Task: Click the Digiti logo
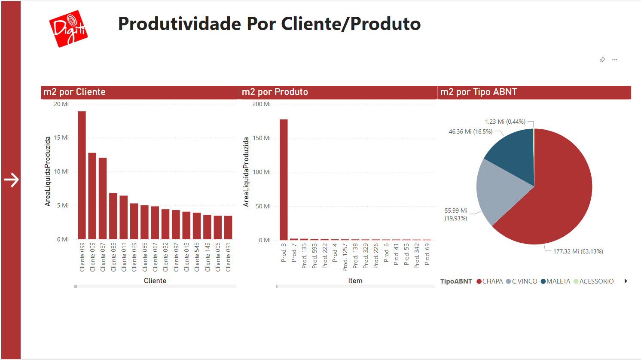tap(68, 28)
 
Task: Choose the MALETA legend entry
tap(556, 281)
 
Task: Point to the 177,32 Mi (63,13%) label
tap(578, 251)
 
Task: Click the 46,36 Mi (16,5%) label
tap(470, 131)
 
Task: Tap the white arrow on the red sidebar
tap(11, 180)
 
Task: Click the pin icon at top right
tap(602, 60)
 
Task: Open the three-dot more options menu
tap(615, 60)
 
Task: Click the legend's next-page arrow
tap(626, 281)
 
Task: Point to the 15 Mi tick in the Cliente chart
tap(61, 137)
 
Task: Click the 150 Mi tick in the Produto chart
tap(262, 138)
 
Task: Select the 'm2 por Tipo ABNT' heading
tap(479, 92)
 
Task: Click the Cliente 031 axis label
tap(228, 257)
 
